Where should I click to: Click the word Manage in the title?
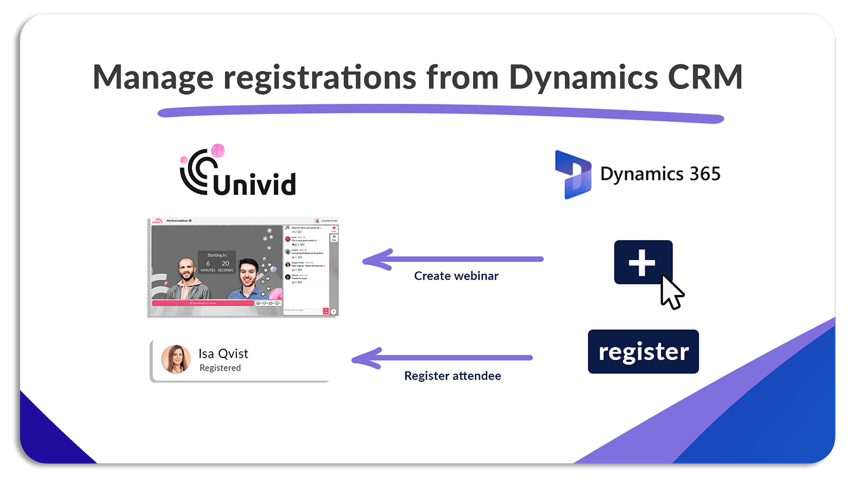pos(153,78)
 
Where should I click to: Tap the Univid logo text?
pos(254,184)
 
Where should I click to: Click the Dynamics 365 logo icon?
pos(573,174)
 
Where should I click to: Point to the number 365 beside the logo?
pos(704,174)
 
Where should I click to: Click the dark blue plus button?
pos(642,262)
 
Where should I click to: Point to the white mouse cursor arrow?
pos(671,291)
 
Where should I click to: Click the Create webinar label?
pos(456,276)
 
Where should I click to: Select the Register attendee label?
pos(452,376)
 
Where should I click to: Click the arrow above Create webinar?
pos(453,259)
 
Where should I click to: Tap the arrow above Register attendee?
pos(442,358)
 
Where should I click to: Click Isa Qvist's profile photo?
pos(176,359)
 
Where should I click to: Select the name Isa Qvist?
pos(223,354)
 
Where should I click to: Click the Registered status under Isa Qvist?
pos(220,368)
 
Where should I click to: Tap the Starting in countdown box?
pos(216,262)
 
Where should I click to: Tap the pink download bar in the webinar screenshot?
pos(203,303)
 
